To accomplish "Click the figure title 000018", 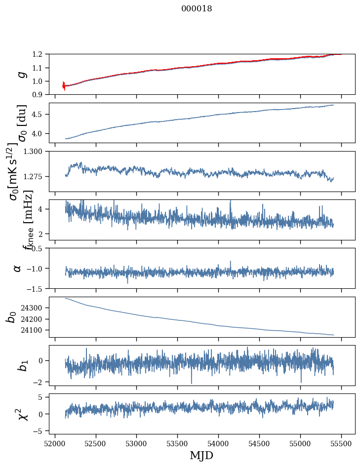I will (197, 9).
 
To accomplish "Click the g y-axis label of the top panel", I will (20, 74).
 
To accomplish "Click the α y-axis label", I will (17, 268).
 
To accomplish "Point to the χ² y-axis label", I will (21, 414).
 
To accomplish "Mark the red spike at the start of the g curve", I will (64, 86).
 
